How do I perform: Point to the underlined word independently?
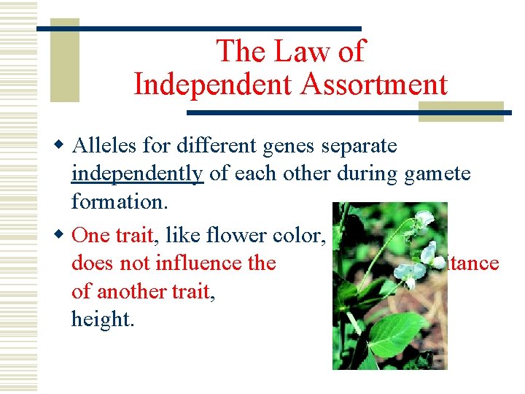pyautogui.click(x=137, y=174)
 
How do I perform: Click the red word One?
pyautogui.click(x=90, y=234)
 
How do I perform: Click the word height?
pyautogui.click(x=103, y=319)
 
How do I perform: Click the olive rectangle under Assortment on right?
pyautogui.click(x=461, y=111)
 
